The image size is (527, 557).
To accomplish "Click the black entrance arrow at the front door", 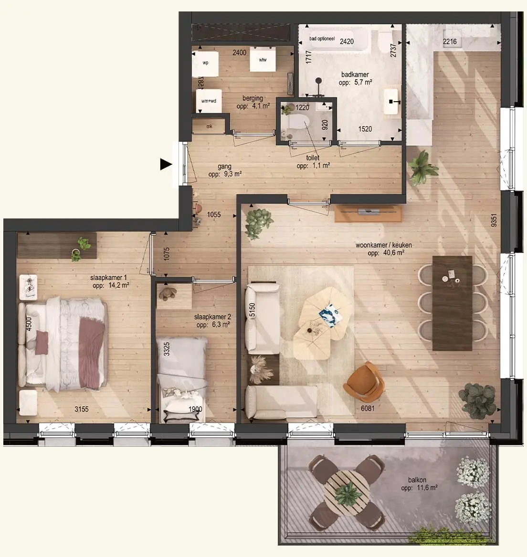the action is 166,165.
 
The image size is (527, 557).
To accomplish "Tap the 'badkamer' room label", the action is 355,74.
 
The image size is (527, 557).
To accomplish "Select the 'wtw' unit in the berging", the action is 263,59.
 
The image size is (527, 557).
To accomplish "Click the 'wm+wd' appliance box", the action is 209,101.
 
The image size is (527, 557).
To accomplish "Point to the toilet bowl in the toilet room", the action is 298,123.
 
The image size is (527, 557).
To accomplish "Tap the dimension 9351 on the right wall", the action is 493,220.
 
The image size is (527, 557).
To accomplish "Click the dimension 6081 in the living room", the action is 368,409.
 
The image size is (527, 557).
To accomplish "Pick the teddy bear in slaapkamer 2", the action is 168,294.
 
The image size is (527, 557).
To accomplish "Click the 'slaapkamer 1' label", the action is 108,278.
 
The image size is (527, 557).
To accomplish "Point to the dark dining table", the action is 452,303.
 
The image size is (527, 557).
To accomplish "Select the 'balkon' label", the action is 417,480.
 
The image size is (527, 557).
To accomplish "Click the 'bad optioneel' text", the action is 322,39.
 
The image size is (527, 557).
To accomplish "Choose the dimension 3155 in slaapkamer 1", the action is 81,409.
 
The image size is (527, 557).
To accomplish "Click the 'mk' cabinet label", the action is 209,126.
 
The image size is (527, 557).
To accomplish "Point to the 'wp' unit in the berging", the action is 205,63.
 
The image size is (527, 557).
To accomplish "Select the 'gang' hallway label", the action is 224,167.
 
